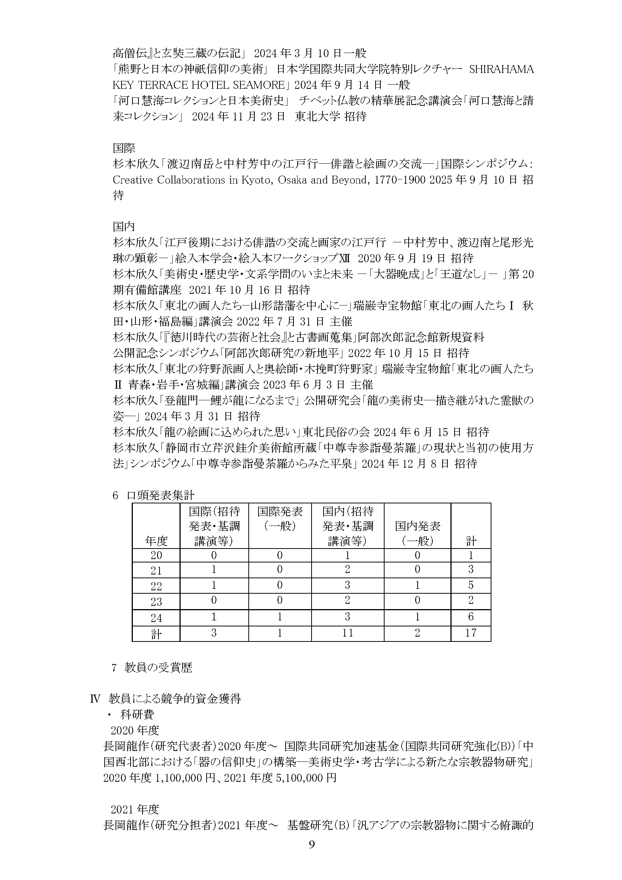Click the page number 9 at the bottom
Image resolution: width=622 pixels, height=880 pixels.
pyautogui.click(x=312, y=856)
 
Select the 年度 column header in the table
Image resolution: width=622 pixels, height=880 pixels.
pyautogui.click(x=156, y=541)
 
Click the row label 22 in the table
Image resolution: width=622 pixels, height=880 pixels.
pyautogui.click(x=156, y=586)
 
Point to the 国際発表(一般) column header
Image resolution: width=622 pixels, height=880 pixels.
pyautogui.click(x=280, y=518)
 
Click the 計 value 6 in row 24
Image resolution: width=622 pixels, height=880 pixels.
pyautogui.click(x=470, y=617)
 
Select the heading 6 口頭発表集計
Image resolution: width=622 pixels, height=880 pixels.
pyautogui.click(x=153, y=495)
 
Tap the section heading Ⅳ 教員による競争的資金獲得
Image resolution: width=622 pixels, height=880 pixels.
pyautogui.click(x=165, y=699)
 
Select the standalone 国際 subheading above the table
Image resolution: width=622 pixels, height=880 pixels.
pyautogui.click(x=124, y=147)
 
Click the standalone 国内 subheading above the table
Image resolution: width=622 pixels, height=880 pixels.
pyautogui.click(x=124, y=226)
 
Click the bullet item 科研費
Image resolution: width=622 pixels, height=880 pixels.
pyautogui.click(x=137, y=714)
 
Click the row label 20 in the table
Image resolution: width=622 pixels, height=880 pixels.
pyautogui.click(x=156, y=555)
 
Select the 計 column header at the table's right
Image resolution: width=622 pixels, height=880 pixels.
pyautogui.click(x=471, y=541)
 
